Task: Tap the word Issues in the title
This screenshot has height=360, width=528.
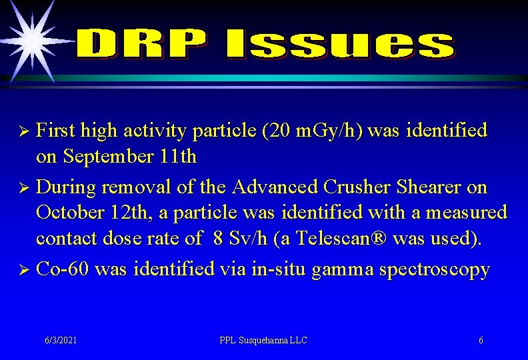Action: (x=339, y=45)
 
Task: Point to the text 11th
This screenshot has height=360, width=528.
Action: (x=179, y=157)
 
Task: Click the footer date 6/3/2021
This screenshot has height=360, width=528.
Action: (x=61, y=341)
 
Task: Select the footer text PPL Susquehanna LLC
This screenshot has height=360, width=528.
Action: (x=263, y=341)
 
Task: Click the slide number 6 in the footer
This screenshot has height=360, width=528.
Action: (x=481, y=341)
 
